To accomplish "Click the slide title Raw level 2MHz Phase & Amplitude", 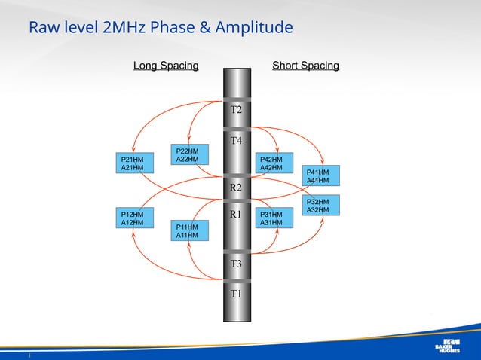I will (x=161, y=29).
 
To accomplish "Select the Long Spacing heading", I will (x=166, y=66).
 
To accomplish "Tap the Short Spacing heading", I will (x=305, y=66).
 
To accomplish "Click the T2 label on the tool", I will (x=236, y=110).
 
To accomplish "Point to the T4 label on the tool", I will (x=236, y=141).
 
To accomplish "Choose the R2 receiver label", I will (x=236, y=187).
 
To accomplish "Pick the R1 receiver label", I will (x=236, y=215).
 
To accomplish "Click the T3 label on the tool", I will (x=236, y=264).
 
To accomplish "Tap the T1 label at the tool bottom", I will (x=236, y=294).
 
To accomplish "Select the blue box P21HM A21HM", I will (x=132, y=164).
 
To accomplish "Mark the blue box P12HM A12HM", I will (x=132, y=218).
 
